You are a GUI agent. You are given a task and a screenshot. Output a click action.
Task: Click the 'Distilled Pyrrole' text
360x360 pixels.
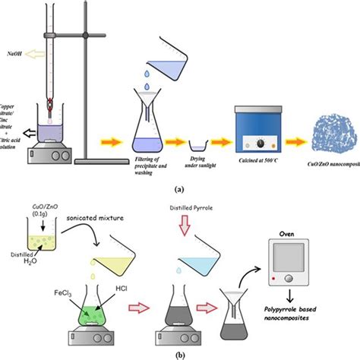(x=179, y=207)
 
